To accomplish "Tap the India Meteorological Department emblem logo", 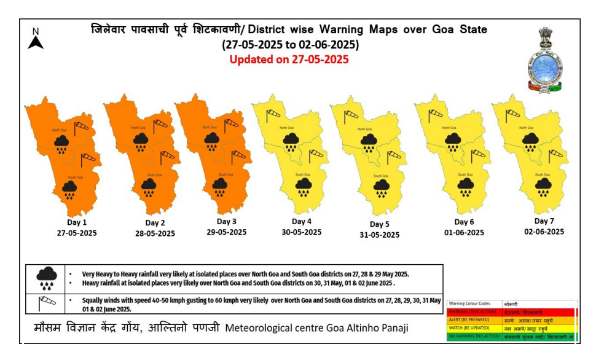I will [544, 60].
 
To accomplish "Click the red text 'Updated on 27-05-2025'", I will [289, 60].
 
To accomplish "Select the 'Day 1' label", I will [77, 222].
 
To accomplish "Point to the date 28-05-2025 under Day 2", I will [155, 233].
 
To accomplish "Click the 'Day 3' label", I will [227, 221].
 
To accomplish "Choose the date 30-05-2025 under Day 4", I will [302, 232].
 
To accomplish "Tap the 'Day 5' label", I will [380, 224].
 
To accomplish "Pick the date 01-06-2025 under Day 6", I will [464, 233].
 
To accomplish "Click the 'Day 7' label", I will [544, 221].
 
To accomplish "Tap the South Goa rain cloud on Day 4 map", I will [303, 187].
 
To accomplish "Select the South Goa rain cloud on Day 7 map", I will [542, 186].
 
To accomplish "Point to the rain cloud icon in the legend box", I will [47, 278].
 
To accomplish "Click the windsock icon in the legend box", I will [47, 303].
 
